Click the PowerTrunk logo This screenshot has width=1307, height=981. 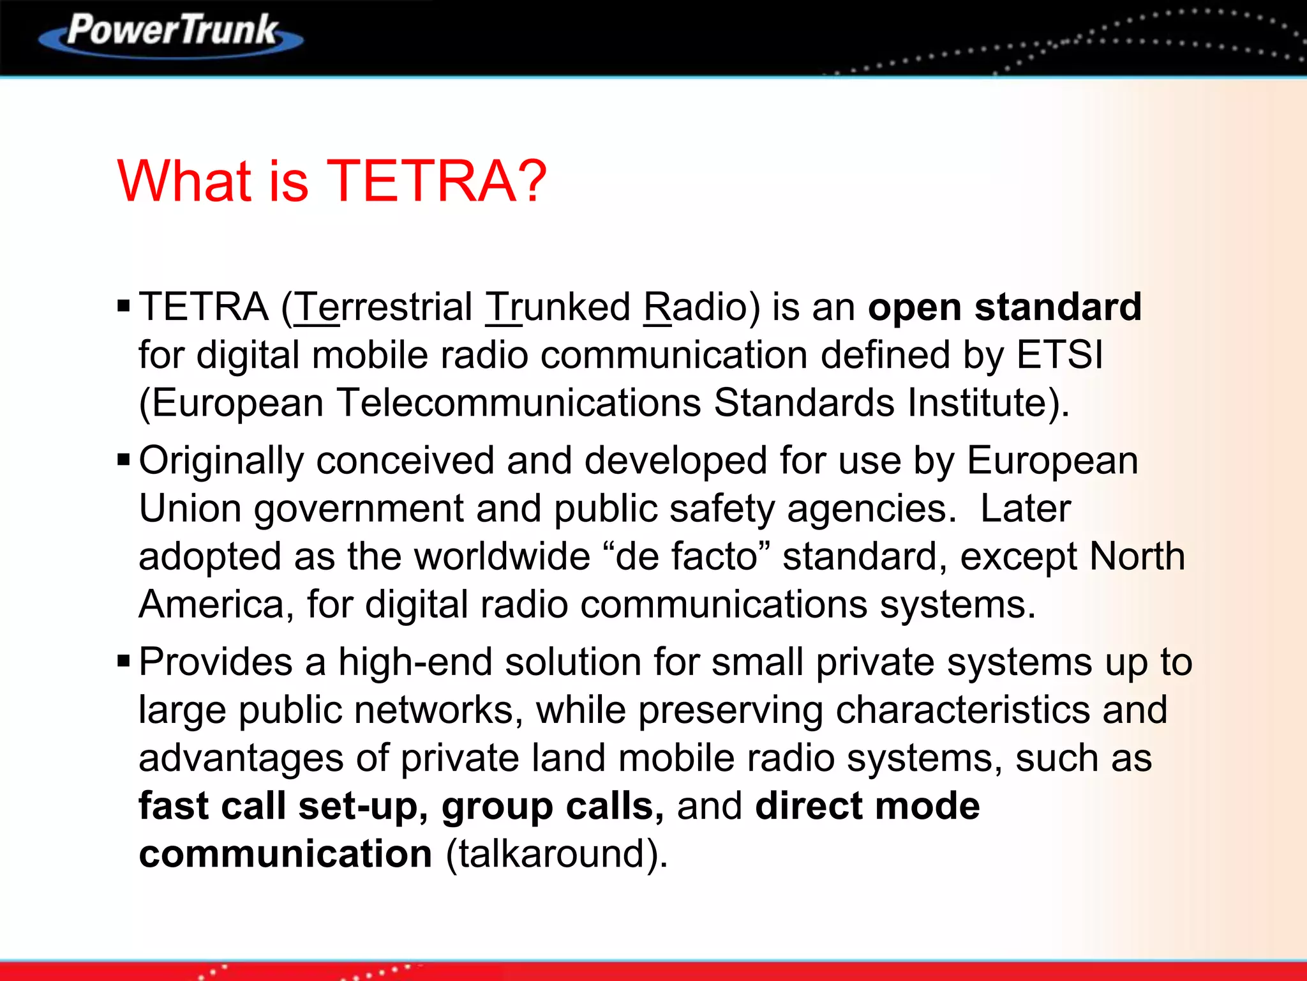click(171, 33)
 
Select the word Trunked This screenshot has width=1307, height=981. click(558, 307)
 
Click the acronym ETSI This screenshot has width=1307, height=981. click(1059, 355)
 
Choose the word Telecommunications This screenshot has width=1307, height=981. click(518, 403)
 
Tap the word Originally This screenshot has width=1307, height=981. click(221, 461)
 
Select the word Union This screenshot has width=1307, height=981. click(190, 509)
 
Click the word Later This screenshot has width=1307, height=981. click(1025, 509)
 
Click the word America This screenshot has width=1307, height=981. click(211, 605)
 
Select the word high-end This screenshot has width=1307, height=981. click(415, 662)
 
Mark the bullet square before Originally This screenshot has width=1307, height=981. click(124, 460)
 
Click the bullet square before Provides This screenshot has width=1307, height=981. click(124, 661)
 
